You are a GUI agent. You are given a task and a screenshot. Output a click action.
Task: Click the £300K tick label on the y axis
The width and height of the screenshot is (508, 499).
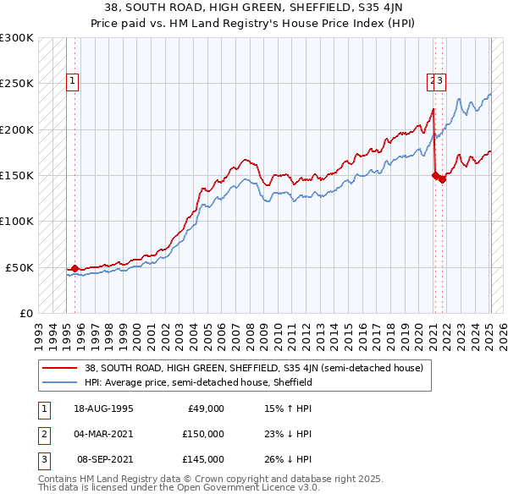coord(17,38)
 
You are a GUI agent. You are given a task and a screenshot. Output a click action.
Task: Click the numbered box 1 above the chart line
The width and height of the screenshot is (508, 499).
coord(74,81)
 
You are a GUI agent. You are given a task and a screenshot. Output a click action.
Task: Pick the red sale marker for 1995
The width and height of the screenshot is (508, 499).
coord(75,268)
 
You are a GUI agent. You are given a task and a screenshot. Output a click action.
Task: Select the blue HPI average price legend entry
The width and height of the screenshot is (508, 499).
coord(198,382)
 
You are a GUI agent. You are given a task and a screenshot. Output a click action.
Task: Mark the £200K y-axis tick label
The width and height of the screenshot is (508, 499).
coord(17,129)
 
